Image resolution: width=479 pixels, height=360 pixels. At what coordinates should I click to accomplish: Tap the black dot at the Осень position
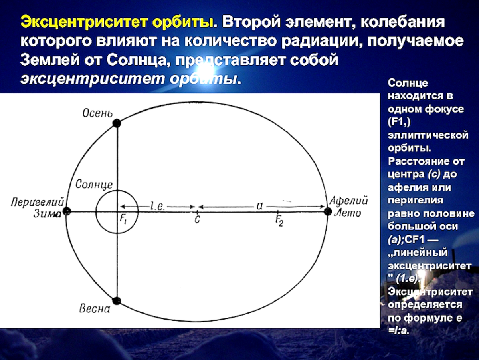click(117, 123)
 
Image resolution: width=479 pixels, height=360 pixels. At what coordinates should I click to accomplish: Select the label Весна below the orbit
click(95, 309)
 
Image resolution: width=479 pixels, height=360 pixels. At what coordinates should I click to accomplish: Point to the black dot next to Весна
click(117, 301)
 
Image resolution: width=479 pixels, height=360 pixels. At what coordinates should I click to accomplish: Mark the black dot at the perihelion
click(67, 211)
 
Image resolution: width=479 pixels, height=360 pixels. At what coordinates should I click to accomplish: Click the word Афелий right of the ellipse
click(348, 201)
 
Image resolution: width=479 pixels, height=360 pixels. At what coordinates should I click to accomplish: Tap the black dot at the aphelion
click(328, 211)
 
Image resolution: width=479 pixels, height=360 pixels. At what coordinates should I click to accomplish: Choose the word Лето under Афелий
click(348, 213)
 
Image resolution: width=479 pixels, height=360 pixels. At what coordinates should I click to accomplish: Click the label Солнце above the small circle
click(94, 185)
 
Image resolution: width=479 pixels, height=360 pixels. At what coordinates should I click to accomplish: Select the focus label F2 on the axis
click(279, 220)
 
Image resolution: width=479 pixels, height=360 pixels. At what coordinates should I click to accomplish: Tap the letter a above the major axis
click(260, 205)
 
